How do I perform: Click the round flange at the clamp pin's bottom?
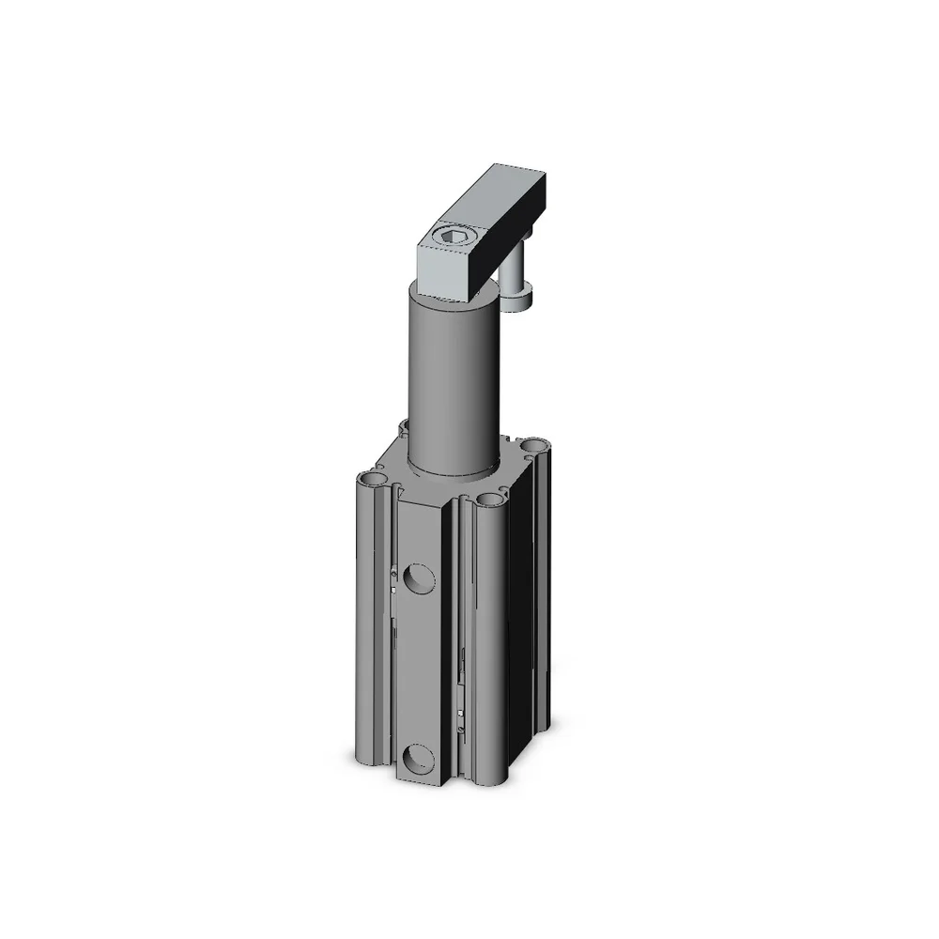click(x=518, y=300)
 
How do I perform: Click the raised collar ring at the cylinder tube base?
click(x=455, y=469)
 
